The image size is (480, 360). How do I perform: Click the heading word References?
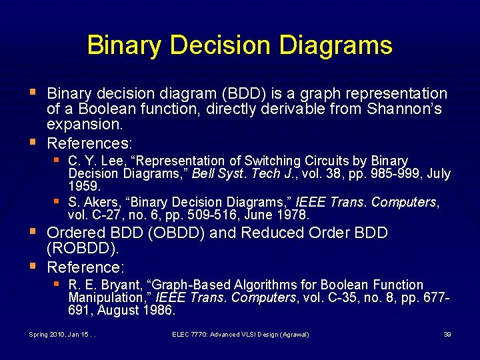click(90, 143)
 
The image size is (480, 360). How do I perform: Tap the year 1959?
click(84, 186)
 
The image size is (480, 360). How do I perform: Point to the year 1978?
click(294, 215)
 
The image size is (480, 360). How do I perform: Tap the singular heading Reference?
click(86, 267)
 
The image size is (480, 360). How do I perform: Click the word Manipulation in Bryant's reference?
click(103, 297)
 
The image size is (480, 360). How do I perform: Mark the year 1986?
click(159, 310)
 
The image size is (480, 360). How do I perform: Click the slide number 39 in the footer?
click(447, 334)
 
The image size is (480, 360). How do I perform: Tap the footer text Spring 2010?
click(45, 334)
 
